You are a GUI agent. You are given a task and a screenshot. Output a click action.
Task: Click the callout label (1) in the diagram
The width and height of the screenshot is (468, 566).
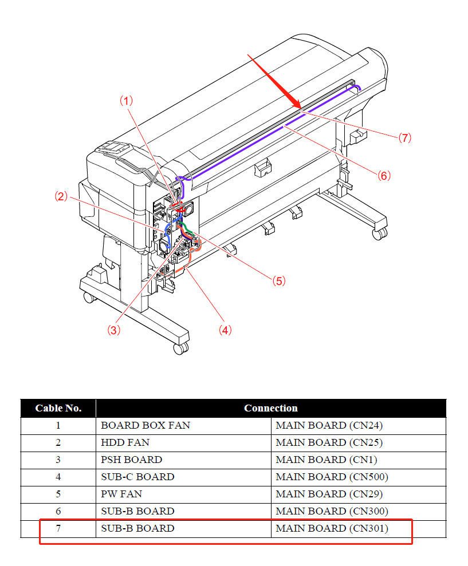tap(126, 101)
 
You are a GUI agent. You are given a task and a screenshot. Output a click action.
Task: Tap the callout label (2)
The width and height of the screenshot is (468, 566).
tap(61, 196)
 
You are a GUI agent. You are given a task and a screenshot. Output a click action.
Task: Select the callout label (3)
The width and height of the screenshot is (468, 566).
tap(114, 330)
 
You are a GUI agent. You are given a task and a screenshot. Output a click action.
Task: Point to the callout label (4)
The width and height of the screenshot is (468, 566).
tap(225, 330)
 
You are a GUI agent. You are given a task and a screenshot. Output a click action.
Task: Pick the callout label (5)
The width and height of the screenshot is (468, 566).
tap(278, 281)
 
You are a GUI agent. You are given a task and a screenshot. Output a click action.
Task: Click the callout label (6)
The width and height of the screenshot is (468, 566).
tap(384, 176)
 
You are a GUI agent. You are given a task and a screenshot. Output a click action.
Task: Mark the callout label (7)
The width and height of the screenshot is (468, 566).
tap(405, 138)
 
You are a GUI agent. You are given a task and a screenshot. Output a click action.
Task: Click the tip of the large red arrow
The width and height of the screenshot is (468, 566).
tap(301, 108)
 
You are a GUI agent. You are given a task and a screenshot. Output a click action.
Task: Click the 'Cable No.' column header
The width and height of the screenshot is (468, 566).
tap(58, 408)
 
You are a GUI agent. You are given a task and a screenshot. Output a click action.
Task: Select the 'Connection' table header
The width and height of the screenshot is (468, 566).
tap(271, 408)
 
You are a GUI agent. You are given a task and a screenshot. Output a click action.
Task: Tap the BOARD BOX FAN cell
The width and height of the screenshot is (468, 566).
tap(145, 425)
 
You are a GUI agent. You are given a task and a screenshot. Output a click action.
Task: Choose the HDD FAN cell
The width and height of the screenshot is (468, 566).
tap(125, 442)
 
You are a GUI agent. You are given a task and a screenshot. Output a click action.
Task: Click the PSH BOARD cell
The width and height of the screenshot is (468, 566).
tap(131, 460)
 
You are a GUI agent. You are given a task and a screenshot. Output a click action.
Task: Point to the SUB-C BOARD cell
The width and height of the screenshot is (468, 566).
tap(137, 477)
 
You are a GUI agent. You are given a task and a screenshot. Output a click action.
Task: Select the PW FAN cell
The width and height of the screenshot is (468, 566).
tap(121, 494)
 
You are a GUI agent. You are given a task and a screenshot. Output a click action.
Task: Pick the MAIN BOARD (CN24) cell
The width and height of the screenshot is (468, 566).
tap(329, 425)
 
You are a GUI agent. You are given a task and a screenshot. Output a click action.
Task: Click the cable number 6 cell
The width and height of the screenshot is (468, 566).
tap(58, 511)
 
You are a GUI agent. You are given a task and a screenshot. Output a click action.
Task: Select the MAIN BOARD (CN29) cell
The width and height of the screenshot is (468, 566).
tap(329, 494)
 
